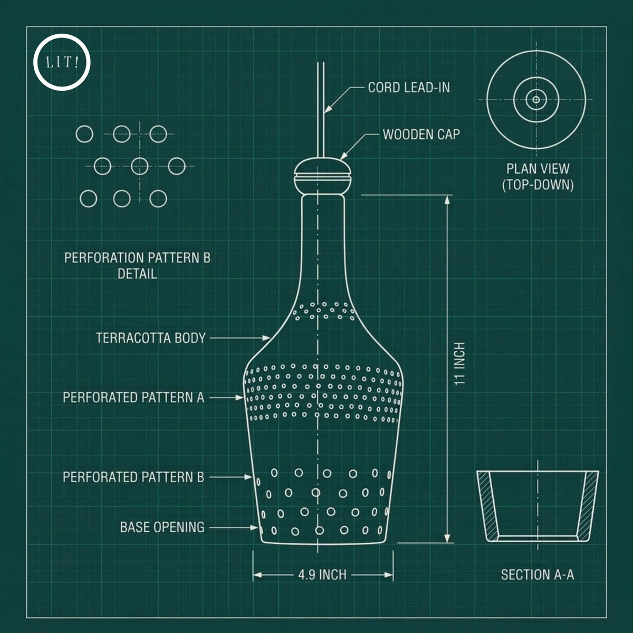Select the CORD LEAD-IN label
[409, 88]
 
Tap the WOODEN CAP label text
[421, 135]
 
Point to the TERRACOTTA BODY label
[150, 338]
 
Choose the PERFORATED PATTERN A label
[133, 398]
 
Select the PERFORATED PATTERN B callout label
[133, 477]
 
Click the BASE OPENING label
[162, 527]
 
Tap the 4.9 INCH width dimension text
[322, 575]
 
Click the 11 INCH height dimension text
[459, 363]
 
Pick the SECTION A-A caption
[538, 575]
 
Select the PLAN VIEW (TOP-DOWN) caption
[538, 177]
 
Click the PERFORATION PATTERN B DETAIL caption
[137, 266]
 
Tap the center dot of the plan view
[536, 100]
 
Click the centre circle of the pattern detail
[140, 166]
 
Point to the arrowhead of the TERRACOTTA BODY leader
[266, 338]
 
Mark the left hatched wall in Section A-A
[488, 506]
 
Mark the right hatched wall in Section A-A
[588, 506]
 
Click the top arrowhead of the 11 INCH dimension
[447, 200]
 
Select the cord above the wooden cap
[321, 110]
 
